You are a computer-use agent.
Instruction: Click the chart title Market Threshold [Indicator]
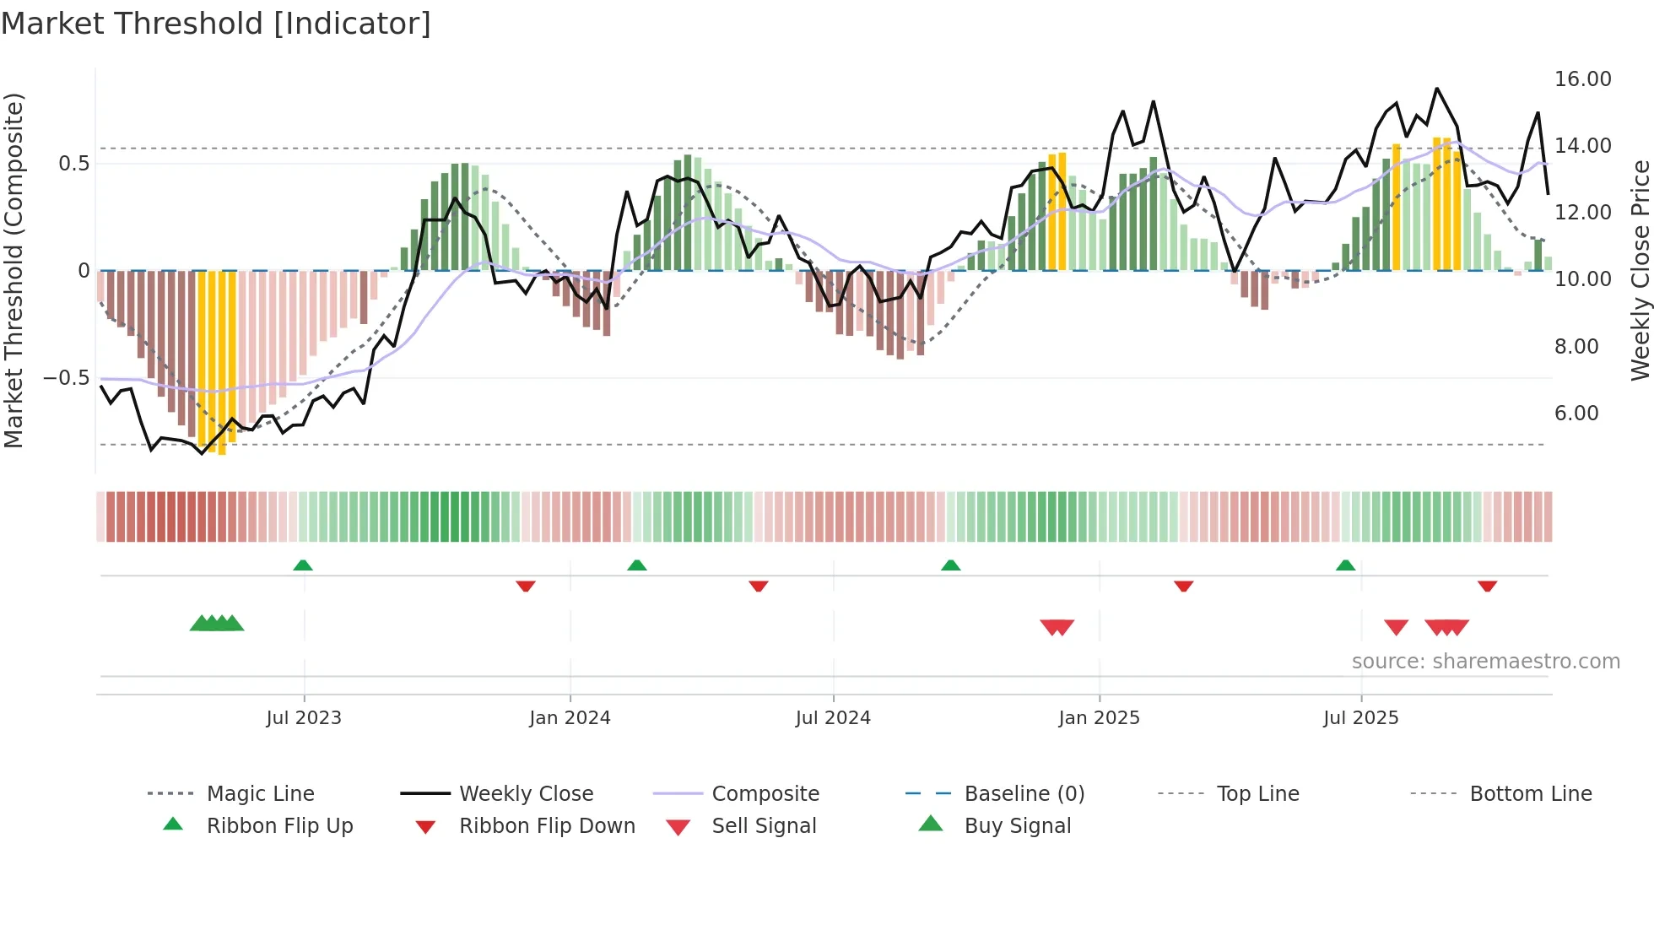tap(216, 24)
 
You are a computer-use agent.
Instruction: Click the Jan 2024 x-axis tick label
tap(570, 718)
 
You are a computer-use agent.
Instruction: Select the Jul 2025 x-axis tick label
tap(1360, 718)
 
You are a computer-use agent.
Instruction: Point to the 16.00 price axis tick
tap(1582, 79)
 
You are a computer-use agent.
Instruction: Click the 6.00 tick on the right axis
tap(1576, 414)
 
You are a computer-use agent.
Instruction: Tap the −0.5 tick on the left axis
tap(66, 377)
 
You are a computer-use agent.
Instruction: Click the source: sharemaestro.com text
tap(1485, 662)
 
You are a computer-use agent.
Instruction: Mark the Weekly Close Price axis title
tap(1640, 270)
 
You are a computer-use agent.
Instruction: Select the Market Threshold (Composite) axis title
tap(14, 270)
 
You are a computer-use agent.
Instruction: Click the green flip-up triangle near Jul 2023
tap(303, 565)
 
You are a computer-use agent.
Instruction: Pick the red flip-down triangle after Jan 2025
tap(1183, 586)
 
